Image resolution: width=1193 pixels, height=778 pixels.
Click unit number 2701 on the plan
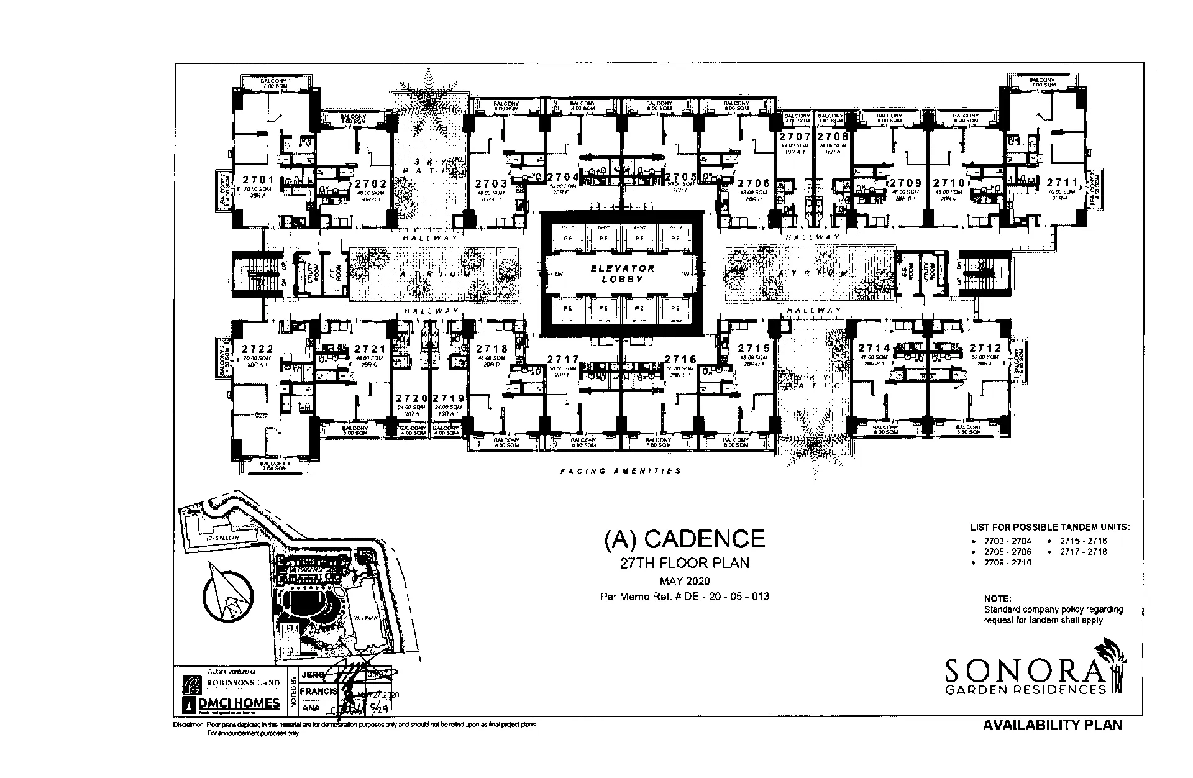[x=258, y=180]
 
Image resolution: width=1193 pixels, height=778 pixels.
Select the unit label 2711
[x=1062, y=183]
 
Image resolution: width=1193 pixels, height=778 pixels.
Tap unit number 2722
[x=257, y=349]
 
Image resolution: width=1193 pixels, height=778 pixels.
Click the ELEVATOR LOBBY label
[x=623, y=274]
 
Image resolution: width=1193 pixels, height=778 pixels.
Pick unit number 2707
[x=795, y=137]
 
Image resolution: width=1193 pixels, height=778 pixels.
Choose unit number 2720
[x=412, y=398]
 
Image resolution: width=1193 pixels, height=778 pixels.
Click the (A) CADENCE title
[x=685, y=539]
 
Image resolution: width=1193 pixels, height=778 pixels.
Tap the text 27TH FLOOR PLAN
[x=685, y=564]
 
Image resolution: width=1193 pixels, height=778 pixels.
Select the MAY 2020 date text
[x=685, y=582]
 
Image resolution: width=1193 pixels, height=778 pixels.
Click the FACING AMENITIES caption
[x=620, y=471]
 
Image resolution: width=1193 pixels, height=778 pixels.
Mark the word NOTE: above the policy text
[x=997, y=599]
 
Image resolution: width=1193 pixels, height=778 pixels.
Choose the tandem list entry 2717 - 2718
[x=1083, y=551]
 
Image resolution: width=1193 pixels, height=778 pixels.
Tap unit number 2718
[x=491, y=349]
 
